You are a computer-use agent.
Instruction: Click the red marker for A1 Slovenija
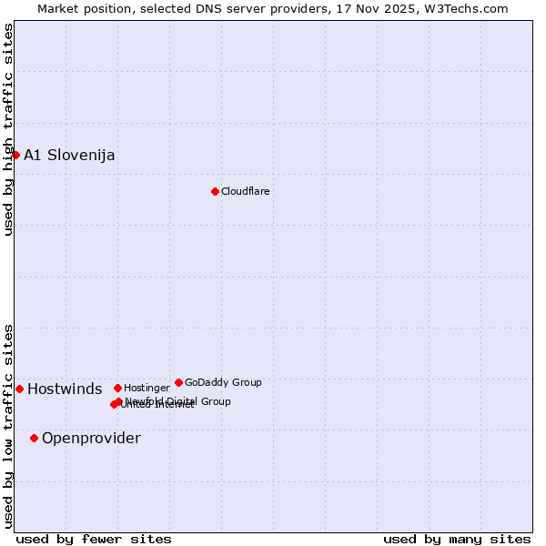click(15, 155)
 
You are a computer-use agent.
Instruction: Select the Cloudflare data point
click(215, 191)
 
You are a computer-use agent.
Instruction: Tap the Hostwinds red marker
click(19, 389)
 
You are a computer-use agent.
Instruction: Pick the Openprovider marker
click(34, 438)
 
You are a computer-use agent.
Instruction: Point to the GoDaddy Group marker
click(178, 382)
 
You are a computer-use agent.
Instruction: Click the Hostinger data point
click(117, 388)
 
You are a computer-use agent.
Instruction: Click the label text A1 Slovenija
click(69, 155)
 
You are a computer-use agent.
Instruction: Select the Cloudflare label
click(245, 191)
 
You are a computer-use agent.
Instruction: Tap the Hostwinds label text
click(65, 389)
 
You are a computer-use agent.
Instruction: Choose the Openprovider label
click(91, 439)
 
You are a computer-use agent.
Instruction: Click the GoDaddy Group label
click(223, 382)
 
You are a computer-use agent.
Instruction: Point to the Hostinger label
click(147, 388)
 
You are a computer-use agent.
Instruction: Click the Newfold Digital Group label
click(178, 401)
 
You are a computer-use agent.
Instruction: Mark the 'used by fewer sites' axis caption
click(94, 539)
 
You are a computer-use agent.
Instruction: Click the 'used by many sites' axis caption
click(457, 539)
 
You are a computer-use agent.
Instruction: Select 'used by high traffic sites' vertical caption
click(8, 129)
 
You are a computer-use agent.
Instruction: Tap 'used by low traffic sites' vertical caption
click(8, 426)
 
